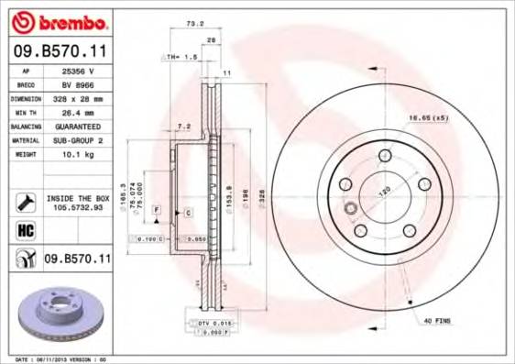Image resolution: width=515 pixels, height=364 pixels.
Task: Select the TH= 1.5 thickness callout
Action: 179,57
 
